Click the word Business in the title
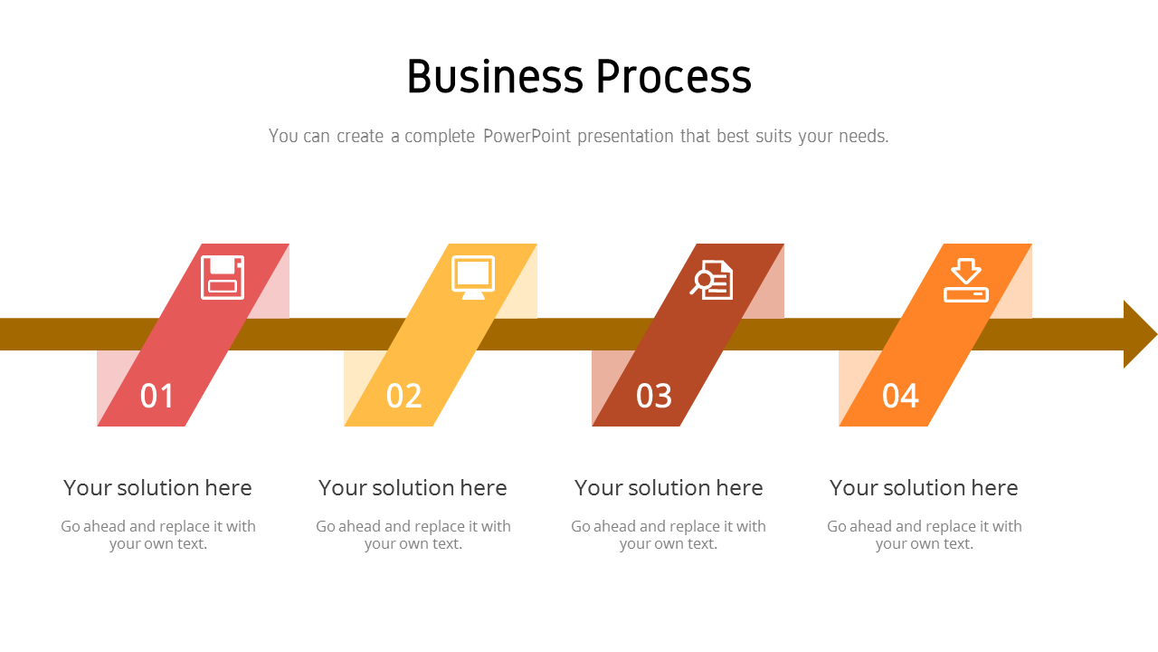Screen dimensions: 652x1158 pyautogui.click(x=494, y=77)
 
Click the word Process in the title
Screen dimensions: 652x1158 pyautogui.click(x=674, y=77)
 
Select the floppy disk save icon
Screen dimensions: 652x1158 pyautogui.click(x=223, y=277)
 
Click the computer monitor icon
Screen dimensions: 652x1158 pyautogui.click(x=473, y=277)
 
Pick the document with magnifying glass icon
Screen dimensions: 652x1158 pyautogui.click(x=712, y=280)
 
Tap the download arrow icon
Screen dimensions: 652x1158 pyautogui.click(x=966, y=281)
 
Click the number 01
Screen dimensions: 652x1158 pyautogui.click(x=157, y=397)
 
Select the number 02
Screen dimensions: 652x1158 pyautogui.click(x=403, y=397)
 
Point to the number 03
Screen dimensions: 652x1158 pyautogui.click(x=654, y=397)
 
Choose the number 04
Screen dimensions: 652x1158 pyautogui.click(x=900, y=397)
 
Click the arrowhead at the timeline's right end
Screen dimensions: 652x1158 pyautogui.click(x=1138, y=334)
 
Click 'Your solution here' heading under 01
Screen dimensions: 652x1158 pyautogui.click(x=157, y=488)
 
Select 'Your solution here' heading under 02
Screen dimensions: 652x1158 pyautogui.click(x=413, y=488)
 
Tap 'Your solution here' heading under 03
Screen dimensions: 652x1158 pyautogui.click(x=669, y=488)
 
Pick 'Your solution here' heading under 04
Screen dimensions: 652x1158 pyautogui.click(x=924, y=488)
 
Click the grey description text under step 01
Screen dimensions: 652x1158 pyautogui.click(x=158, y=534)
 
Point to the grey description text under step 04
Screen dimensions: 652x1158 pyautogui.click(x=925, y=534)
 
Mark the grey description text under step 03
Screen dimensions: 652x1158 pyautogui.click(x=669, y=534)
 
